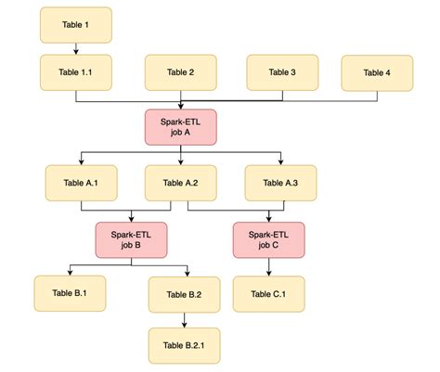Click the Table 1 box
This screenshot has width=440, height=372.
pyautogui.click(x=75, y=25)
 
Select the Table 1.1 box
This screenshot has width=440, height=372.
pyautogui.click(x=75, y=72)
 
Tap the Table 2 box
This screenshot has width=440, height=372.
pyautogui.click(x=180, y=72)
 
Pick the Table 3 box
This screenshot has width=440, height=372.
pyautogui.click(x=281, y=72)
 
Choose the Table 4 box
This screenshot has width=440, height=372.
pyautogui.click(x=377, y=72)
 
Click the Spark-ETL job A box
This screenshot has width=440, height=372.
pyautogui.click(x=180, y=127)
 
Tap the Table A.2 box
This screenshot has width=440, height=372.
pyautogui.click(x=180, y=183)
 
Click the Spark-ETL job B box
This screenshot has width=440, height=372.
pyautogui.click(x=131, y=238)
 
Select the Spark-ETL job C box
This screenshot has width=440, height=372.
pyautogui.click(x=268, y=238)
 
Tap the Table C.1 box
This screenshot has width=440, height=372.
pyautogui.click(x=268, y=293)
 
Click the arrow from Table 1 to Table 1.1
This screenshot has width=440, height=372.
pyautogui.click(x=75, y=48)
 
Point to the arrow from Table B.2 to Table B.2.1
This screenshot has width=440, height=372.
pyautogui.click(x=185, y=319)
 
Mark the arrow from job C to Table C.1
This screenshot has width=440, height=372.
pyautogui.click(x=268, y=265)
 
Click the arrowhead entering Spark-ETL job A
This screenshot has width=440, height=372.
pyautogui.click(x=180, y=106)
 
